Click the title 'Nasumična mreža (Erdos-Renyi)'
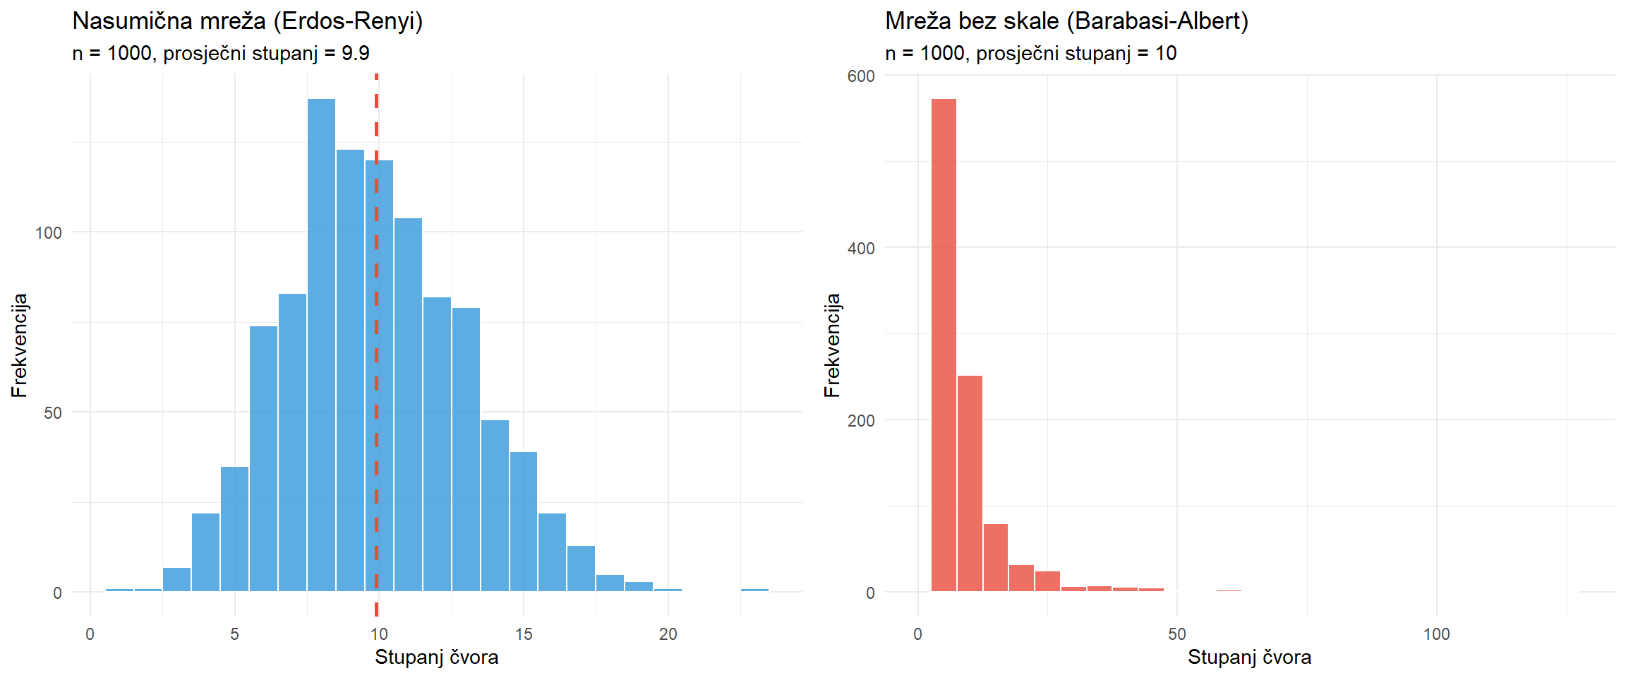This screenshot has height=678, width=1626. pos(248,21)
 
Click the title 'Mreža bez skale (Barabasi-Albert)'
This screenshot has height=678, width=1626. pos(1066,21)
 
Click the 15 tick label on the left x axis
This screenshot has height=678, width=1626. pos(524,634)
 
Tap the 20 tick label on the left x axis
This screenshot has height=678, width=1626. pos(668,634)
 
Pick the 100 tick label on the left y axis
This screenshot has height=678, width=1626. pos(49,233)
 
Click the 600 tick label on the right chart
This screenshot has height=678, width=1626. pos(861,76)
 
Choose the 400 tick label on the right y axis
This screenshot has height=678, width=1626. pos(861,249)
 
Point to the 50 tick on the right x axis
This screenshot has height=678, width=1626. pos(1177,634)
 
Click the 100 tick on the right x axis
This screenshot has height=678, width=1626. pos(1436,634)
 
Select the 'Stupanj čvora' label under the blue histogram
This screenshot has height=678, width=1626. pos(436,658)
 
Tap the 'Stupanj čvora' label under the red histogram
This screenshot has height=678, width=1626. pos(1249,658)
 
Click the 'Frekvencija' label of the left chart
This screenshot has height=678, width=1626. pos(19,345)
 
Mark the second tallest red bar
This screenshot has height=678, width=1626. pos(970,484)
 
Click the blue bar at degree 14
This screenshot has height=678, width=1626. pos(495,506)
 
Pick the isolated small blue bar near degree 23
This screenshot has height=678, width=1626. pos(754,590)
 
